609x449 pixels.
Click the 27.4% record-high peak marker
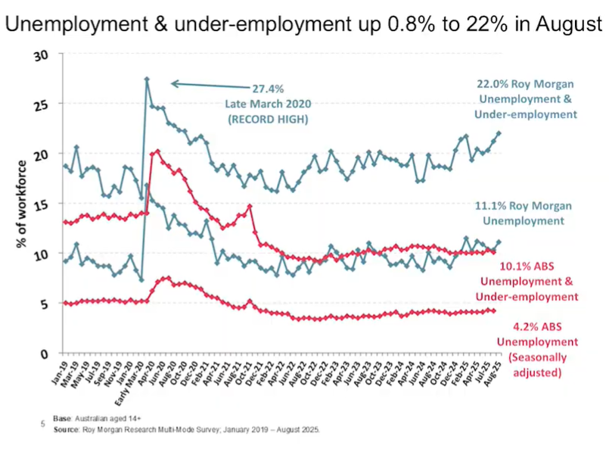coord(147,79)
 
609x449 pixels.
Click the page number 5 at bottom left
coord(42,425)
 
